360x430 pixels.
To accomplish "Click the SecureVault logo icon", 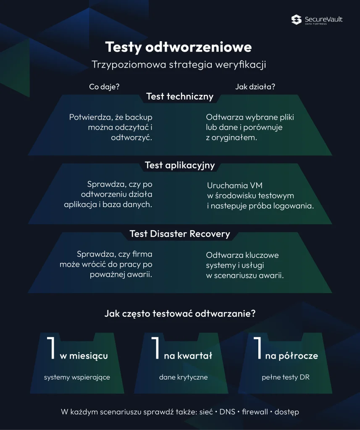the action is tap(296, 20).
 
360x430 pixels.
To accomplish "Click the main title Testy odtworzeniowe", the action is tap(179, 47).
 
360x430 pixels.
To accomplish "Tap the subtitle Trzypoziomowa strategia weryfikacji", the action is tap(179, 65).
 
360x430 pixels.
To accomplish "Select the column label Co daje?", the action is tap(104, 87).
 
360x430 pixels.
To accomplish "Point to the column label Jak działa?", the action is tap(255, 87).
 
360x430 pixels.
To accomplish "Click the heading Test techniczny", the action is tap(180, 97).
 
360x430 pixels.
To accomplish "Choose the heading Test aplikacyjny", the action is tap(180, 165).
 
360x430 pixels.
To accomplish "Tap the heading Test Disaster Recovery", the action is tap(180, 234).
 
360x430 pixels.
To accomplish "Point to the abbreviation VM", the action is tap(256, 186).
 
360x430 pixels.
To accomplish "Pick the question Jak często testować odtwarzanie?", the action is tap(180, 313).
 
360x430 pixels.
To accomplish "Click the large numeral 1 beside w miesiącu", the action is tap(52, 348).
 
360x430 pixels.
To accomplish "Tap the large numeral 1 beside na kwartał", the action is tap(155, 348).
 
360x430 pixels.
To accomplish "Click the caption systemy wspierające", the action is tap(77, 378).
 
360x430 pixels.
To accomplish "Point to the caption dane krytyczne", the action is tap(183, 378).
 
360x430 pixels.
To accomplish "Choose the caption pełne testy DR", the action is tap(286, 378).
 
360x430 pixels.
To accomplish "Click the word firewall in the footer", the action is tap(255, 412).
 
